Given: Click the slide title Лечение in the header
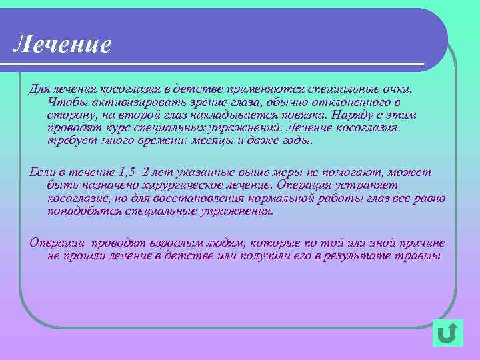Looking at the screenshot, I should (62, 44).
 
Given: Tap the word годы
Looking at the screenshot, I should (294, 141).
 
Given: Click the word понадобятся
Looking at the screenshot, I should (87, 211).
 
